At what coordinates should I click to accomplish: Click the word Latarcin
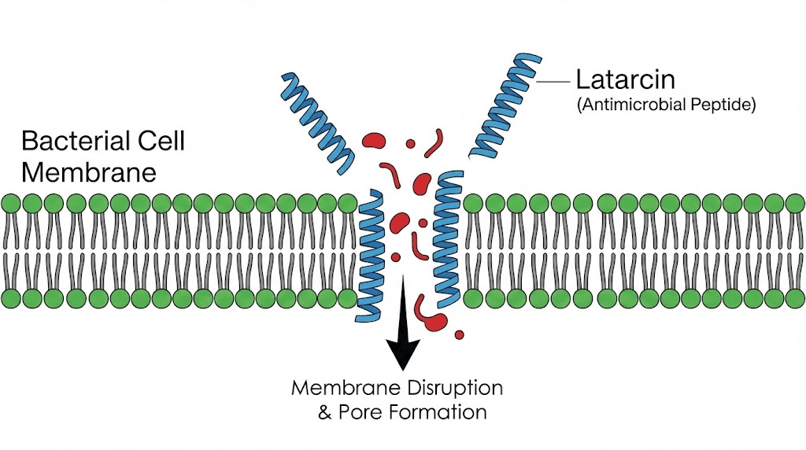click(x=626, y=79)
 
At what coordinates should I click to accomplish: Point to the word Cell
click(x=161, y=142)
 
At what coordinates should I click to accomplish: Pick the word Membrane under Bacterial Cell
click(x=89, y=171)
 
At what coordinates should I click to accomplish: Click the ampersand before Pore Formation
click(x=324, y=412)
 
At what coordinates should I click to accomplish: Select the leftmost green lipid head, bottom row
click(x=11, y=298)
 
